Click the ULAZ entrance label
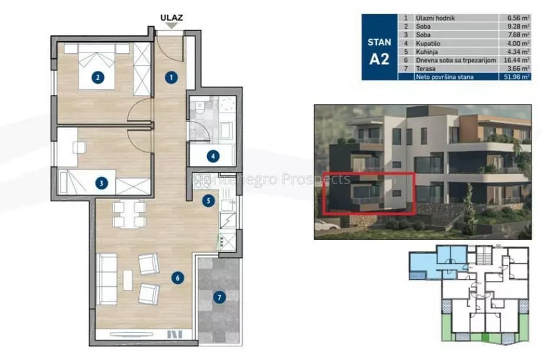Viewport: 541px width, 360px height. tap(171, 17)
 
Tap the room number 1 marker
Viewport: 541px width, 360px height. tap(171, 77)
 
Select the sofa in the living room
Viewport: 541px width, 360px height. tap(107, 279)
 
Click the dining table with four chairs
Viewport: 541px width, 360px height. tap(129, 214)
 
